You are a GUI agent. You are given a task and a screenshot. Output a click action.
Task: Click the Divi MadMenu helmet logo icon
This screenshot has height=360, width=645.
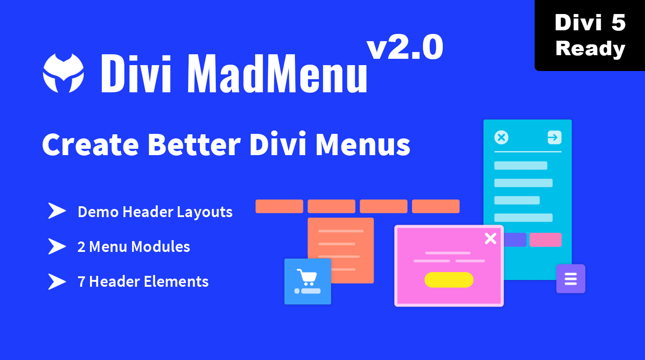tap(63, 73)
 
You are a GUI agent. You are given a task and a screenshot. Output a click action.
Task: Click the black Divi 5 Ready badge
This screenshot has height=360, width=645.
tap(590, 35)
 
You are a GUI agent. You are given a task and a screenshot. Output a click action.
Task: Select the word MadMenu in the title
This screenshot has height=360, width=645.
tap(276, 74)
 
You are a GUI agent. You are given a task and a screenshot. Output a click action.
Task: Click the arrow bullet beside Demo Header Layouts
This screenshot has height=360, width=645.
tap(57, 211)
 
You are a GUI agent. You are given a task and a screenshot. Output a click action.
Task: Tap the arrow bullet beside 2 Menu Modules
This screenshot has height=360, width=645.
tap(57, 246)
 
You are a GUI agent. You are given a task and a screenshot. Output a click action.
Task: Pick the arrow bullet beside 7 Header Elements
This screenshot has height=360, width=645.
tap(57, 281)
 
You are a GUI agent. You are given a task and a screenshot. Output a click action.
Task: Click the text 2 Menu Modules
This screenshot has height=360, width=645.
tap(134, 246)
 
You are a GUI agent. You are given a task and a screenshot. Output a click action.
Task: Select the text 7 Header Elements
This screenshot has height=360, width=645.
tap(143, 281)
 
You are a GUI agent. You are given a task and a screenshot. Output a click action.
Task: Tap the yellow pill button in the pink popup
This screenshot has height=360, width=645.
tap(449, 279)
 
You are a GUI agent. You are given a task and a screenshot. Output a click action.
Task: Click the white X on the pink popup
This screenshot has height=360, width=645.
tap(490, 238)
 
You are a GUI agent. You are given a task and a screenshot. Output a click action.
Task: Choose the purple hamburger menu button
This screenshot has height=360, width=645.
tap(570, 279)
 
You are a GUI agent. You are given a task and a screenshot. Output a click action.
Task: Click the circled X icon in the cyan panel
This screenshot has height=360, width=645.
tap(502, 137)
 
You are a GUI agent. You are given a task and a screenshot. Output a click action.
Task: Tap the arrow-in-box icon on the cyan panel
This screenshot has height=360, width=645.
tap(554, 137)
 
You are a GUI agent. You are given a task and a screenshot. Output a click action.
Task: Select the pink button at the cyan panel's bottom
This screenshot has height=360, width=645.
tap(545, 240)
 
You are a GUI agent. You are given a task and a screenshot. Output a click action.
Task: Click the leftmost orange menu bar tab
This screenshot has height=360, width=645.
tap(279, 206)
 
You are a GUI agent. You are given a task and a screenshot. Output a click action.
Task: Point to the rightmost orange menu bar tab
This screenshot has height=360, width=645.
tap(436, 206)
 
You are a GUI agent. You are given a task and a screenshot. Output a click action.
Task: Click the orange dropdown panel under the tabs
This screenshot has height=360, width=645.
tap(341, 240)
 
